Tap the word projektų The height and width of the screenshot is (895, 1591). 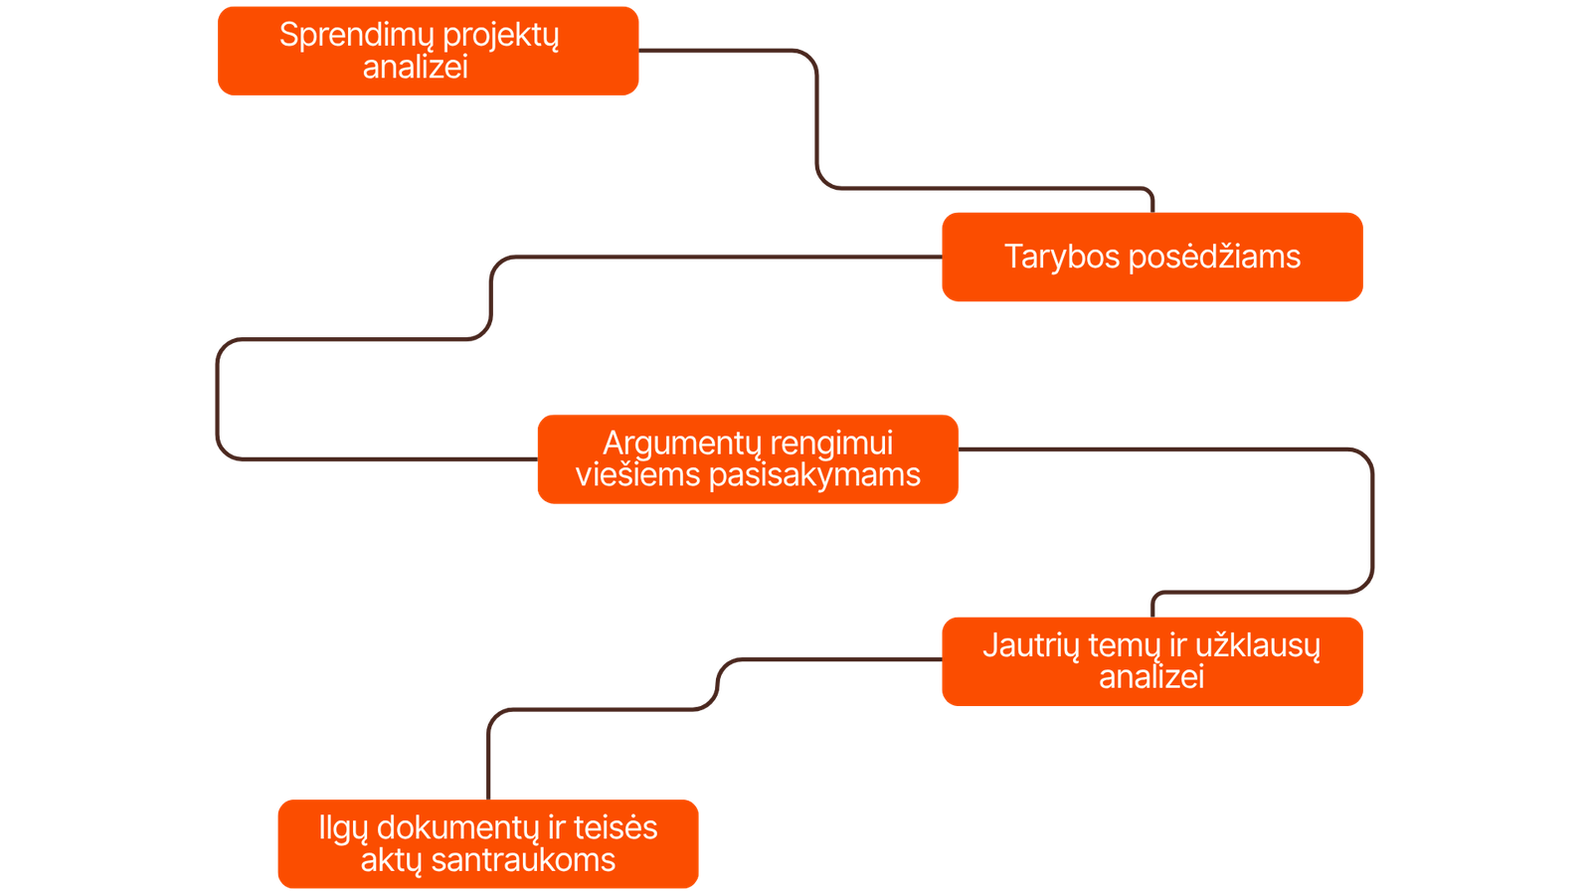pos(501,37)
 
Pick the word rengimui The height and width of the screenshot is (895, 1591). pos(831,444)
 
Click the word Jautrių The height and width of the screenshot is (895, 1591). pos(1030,646)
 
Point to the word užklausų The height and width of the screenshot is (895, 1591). pos(1258,646)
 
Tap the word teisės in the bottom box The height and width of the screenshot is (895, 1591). pos(616,828)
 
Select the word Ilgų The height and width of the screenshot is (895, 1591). pos(343,828)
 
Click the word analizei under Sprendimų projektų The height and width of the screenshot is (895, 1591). pos(415,68)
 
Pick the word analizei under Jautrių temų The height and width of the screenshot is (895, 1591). pos(1151,677)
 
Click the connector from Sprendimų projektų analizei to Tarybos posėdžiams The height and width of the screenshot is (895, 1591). pos(816,119)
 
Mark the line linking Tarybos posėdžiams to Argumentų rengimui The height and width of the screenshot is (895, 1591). pos(216,398)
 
